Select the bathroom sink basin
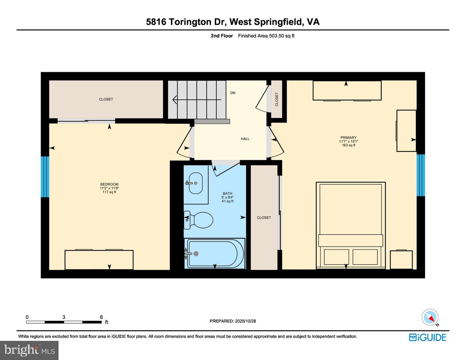point(195,183)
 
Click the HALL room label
point(245,139)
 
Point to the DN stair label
point(233,93)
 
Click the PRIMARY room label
point(348,138)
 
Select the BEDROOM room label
point(109,184)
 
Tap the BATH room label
point(227,194)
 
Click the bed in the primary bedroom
point(351,223)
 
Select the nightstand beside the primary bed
point(401,260)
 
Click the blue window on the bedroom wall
point(45,177)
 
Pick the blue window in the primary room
point(420,175)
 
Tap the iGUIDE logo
point(427,337)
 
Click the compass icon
point(430,317)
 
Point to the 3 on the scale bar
point(64,317)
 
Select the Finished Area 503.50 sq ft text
point(266,36)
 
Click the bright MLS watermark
point(29,350)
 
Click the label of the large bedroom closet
point(106,99)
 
